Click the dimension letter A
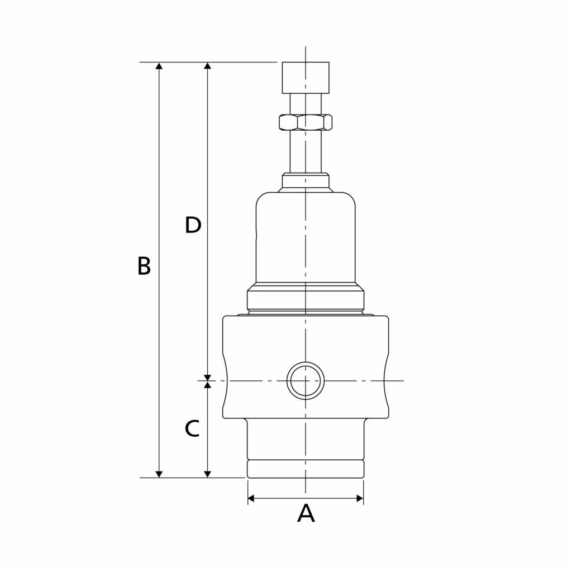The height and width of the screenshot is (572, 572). pyautogui.click(x=306, y=513)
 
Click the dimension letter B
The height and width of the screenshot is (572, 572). pyautogui.click(x=144, y=266)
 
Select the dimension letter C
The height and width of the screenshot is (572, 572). pyautogui.click(x=192, y=429)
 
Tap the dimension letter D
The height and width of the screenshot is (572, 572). pyautogui.click(x=193, y=225)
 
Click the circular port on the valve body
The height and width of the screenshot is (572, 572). pyautogui.click(x=305, y=380)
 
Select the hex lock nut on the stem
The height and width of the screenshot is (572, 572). pyautogui.click(x=305, y=122)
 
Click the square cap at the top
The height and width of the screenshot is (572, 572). pyautogui.click(x=306, y=78)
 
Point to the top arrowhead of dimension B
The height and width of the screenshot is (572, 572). pyautogui.click(x=159, y=66)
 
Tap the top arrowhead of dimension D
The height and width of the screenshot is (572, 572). pyautogui.click(x=208, y=66)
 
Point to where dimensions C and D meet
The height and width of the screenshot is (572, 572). pyautogui.click(x=208, y=380)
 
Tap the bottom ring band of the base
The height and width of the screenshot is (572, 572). pyautogui.click(x=306, y=469)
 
